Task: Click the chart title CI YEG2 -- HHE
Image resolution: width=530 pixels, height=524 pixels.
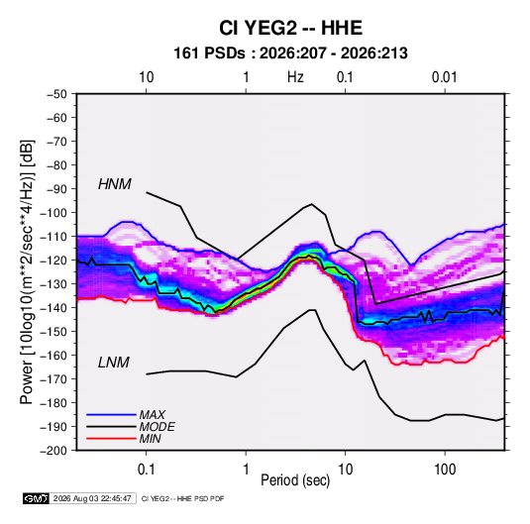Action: click(290, 28)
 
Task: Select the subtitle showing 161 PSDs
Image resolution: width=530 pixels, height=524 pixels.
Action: click(290, 53)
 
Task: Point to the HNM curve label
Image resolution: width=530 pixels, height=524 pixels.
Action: click(115, 184)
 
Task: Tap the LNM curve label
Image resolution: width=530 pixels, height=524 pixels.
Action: click(114, 363)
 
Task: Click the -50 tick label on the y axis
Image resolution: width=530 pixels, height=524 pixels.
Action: click(56, 94)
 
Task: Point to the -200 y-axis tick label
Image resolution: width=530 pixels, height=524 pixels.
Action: click(53, 451)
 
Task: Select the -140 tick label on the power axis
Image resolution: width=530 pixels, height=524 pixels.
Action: click(53, 308)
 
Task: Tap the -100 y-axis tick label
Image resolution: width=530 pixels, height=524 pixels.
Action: click(53, 213)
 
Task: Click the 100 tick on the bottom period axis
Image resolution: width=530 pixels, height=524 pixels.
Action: click(445, 470)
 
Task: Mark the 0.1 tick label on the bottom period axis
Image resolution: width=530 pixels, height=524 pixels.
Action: click(146, 470)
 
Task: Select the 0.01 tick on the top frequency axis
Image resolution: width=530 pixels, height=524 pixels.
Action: click(444, 77)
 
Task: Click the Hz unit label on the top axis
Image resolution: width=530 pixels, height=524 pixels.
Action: click(295, 77)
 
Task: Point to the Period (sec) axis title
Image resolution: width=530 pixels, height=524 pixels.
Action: click(295, 480)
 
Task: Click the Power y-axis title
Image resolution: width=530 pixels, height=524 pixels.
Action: click(27, 272)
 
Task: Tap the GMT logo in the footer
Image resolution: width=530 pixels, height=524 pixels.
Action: click(36, 498)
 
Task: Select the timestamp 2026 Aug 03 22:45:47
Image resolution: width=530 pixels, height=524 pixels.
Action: click(92, 498)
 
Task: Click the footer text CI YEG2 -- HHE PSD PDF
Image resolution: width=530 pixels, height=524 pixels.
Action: click(182, 498)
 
